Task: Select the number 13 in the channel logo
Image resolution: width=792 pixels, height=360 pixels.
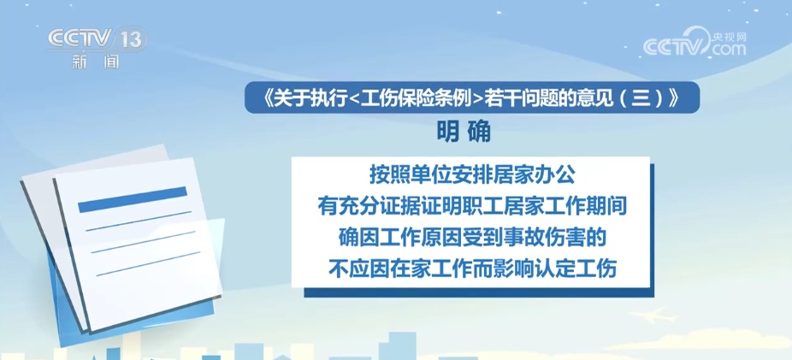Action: pos(131,38)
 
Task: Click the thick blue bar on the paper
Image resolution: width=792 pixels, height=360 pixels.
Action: pos(133,198)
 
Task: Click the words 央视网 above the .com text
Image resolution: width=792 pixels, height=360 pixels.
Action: pos(730,36)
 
